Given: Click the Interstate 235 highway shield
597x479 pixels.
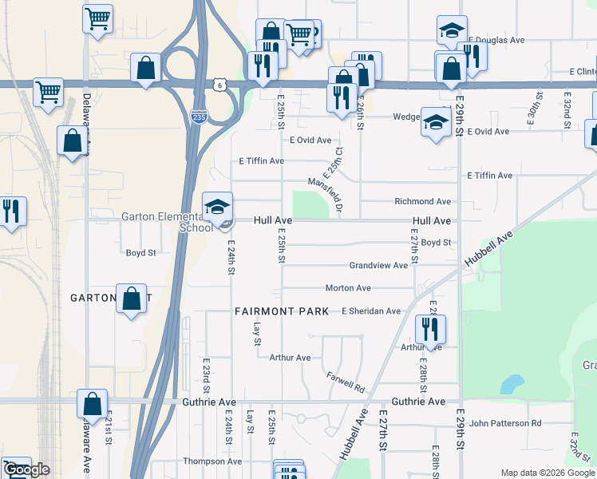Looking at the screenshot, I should tap(198, 117).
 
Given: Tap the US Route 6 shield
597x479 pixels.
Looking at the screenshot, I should tap(219, 84).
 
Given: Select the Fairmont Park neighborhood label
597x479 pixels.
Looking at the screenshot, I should tap(281, 311).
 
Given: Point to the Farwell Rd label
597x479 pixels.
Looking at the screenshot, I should tap(346, 382).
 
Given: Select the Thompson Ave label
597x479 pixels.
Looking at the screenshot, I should tap(212, 461).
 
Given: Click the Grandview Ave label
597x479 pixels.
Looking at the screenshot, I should tap(378, 265).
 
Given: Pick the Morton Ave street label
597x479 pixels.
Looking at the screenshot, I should tap(348, 287).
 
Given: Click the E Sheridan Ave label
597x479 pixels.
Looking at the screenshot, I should tap(370, 311).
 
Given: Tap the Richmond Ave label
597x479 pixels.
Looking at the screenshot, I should tap(422, 202).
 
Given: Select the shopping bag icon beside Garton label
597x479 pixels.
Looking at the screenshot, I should tap(132, 299).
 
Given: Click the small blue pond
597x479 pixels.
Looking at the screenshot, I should tap(508, 385).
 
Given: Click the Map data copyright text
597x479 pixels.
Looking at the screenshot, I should tap(548, 473).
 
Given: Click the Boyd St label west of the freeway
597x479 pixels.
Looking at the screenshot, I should tap(140, 252).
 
